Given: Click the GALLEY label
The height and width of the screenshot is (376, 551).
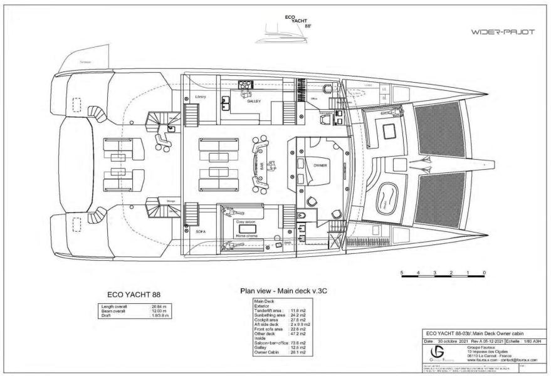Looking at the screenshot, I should (x=255, y=101).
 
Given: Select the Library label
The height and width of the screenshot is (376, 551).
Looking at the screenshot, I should (x=201, y=97).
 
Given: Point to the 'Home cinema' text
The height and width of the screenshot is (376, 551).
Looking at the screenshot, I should (x=248, y=236).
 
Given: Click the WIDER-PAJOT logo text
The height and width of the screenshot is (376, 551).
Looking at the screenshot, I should (x=502, y=32).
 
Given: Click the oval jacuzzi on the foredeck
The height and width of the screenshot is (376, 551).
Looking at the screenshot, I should (x=382, y=196).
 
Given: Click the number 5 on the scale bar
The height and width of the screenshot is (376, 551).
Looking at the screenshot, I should (x=401, y=273).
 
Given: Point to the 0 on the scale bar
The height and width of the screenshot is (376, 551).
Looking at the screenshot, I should (x=485, y=273).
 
